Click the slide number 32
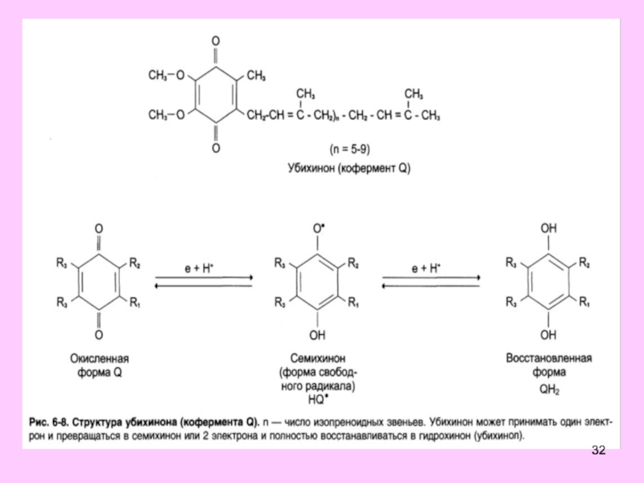[x=597, y=449]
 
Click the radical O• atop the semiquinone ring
[x=320, y=229]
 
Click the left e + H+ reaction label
[x=202, y=268]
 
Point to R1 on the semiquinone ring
[x=355, y=302]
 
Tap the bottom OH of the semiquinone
[x=320, y=333]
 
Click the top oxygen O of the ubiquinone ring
[x=214, y=40]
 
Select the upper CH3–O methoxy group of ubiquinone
[x=167, y=76]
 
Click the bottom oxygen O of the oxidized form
[x=99, y=333]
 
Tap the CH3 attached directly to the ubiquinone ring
[x=256, y=76]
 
